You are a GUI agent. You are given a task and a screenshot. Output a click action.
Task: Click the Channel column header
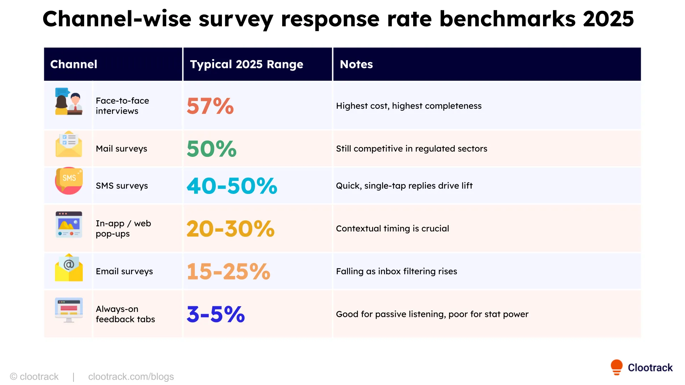[x=74, y=64]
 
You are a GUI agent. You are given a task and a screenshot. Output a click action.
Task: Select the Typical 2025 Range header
[x=246, y=64]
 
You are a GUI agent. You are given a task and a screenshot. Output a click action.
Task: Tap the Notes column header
[x=356, y=64]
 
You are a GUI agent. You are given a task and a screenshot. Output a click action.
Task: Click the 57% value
[x=210, y=106]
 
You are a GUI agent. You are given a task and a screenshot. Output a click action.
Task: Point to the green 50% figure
[x=212, y=149]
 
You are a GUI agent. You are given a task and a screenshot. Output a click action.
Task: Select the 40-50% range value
[x=232, y=186]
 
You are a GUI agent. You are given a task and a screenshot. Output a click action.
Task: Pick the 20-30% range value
[x=230, y=229]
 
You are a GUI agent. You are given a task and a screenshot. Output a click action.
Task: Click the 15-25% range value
[x=228, y=271]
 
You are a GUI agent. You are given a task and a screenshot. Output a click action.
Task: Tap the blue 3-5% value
[x=215, y=314]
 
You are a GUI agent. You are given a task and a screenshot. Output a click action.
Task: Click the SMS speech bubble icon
[x=69, y=180]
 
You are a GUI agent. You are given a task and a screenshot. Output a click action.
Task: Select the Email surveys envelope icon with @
[x=69, y=268]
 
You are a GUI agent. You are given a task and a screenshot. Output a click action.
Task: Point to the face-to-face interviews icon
[x=68, y=102]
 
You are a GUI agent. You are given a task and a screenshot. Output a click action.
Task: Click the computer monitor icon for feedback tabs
[x=69, y=309]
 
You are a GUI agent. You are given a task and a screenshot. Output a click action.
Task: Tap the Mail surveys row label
[x=121, y=149]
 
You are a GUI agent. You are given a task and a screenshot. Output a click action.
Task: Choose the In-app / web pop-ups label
[x=123, y=229]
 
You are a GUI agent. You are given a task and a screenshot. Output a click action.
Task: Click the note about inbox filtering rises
[x=396, y=271]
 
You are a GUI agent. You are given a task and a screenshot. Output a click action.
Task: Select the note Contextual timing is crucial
[x=392, y=229]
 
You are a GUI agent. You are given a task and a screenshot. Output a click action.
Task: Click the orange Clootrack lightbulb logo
[x=616, y=367]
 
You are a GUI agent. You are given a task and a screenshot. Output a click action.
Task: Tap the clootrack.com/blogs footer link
[x=131, y=376]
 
